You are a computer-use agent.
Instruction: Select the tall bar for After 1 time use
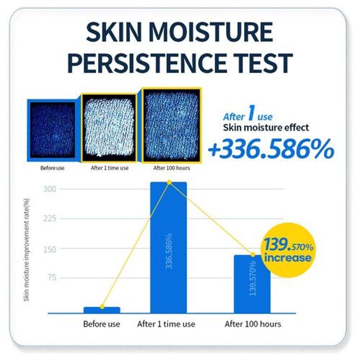click(168, 247)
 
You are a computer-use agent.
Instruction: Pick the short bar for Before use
click(102, 310)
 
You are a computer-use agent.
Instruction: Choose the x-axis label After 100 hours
click(252, 324)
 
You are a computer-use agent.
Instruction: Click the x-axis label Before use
click(102, 324)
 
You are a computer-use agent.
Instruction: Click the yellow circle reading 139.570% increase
click(288, 251)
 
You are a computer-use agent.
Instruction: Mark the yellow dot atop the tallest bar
click(169, 182)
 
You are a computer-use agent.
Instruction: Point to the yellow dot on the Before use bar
click(102, 306)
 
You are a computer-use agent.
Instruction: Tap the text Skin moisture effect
click(266, 128)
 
